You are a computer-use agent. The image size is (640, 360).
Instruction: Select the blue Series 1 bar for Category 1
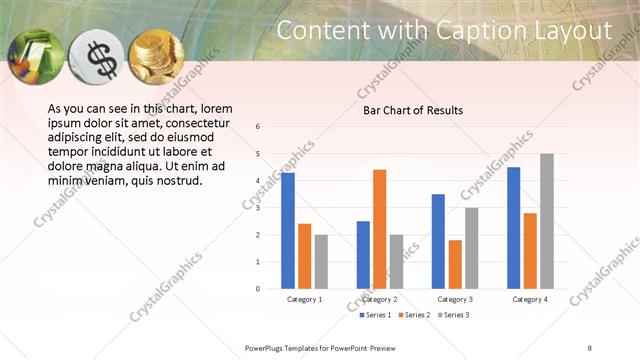[x=288, y=230]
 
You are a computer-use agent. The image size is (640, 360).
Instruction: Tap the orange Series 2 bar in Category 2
[x=379, y=229]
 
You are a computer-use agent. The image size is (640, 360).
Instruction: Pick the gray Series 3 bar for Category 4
[x=546, y=221]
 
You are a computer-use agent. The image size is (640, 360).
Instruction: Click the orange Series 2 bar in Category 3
[x=455, y=264]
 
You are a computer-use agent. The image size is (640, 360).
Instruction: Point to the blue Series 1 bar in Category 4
[x=514, y=228]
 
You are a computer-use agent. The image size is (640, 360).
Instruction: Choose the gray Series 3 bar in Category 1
[x=320, y=261]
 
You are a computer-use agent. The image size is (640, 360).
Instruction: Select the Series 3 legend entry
[x=452, y=315]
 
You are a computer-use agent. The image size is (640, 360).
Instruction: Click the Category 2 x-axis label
[x=380, y=299]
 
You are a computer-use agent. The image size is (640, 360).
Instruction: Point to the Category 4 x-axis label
[x=530, y=299]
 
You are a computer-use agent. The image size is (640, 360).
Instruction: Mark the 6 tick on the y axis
[x=258, y=127]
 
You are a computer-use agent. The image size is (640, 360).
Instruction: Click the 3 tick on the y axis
[x=258, y=208]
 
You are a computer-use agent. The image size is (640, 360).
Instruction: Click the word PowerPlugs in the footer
[x=268, y=346]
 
